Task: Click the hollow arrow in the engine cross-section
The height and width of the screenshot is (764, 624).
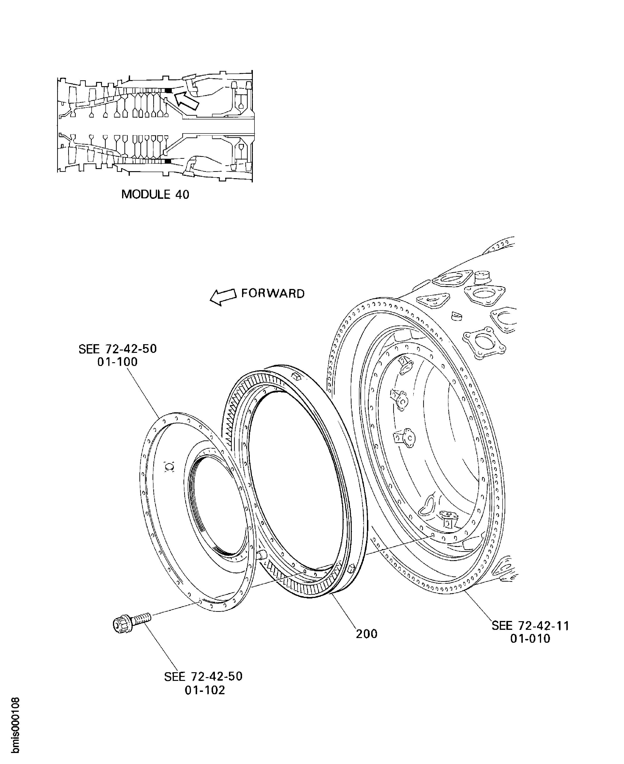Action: [x=186, y=100]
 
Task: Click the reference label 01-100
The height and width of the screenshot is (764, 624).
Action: [x=118, y=362]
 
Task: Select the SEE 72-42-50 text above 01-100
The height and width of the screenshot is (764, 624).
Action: [x=118, y=349]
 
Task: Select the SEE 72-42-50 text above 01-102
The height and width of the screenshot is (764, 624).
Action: [x=203, y=676]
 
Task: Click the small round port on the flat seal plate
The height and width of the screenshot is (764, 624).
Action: [x=169, y=467]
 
